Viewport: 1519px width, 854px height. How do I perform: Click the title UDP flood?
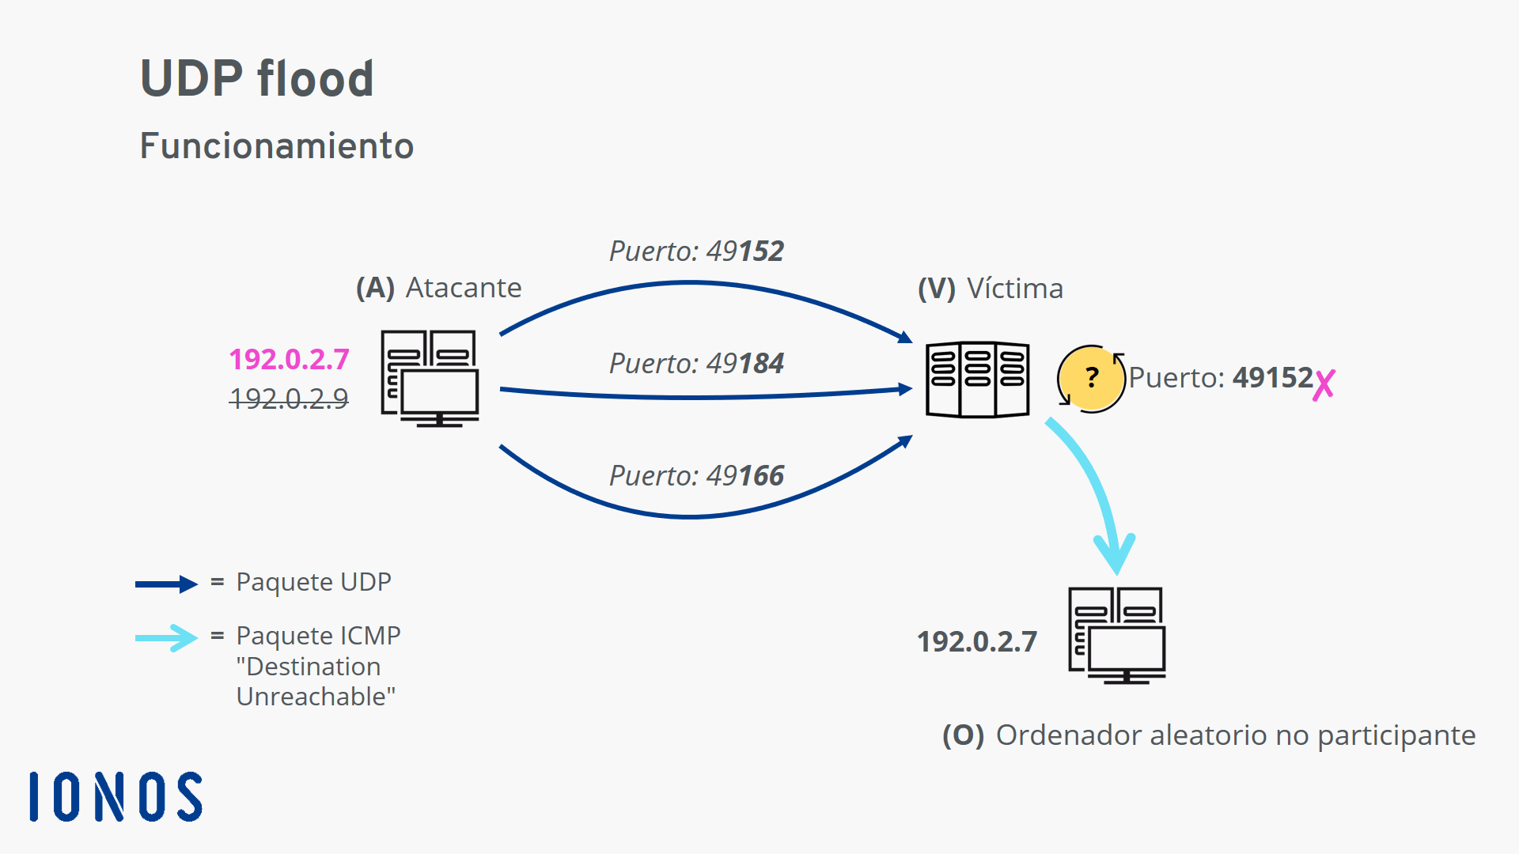256,78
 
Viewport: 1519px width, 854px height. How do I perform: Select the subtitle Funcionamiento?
276,146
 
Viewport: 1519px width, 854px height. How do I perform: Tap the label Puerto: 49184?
696,364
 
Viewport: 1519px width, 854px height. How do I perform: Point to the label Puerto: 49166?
696,476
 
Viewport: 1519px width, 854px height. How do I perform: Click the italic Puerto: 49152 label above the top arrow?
696,251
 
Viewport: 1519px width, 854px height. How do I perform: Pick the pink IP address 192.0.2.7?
289,360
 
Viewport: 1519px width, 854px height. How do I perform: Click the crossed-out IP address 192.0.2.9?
289,399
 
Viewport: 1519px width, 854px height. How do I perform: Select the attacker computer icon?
430,378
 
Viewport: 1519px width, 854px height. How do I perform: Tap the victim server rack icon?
978,380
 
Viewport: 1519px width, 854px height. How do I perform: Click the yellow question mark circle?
1091,378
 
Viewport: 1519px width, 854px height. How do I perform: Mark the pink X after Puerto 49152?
1324,384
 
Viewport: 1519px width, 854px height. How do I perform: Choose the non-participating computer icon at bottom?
1116,635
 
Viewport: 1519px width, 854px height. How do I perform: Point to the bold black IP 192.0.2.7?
977,642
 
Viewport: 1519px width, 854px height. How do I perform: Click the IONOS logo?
116,797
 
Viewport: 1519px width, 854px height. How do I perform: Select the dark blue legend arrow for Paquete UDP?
166,584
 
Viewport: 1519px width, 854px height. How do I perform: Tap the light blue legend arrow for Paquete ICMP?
166,637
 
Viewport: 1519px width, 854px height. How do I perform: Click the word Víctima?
1015,289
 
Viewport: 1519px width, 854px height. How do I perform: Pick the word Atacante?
464,288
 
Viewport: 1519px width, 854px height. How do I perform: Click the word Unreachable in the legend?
316,697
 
